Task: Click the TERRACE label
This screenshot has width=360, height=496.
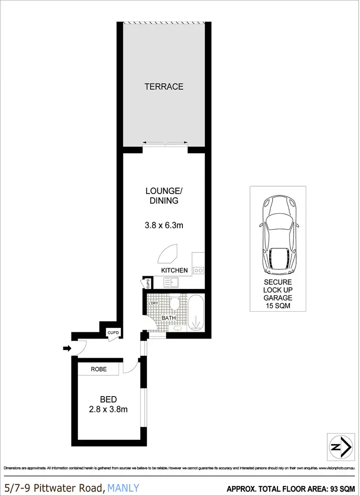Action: tap(164, 87)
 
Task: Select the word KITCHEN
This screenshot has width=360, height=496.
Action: tap(174, 270)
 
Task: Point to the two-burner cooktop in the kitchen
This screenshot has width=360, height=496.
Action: tap(198, 271)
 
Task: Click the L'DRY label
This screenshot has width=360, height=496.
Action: tap(154, 303)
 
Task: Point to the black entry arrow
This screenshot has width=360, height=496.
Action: tap(66, 348)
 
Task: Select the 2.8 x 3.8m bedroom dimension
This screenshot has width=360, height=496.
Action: tap(108, 409)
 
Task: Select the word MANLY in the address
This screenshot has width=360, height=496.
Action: tap(124, 488)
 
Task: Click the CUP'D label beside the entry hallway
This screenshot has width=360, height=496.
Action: tap(112, 332)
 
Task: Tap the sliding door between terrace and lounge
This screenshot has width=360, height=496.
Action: tap(165, 144)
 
